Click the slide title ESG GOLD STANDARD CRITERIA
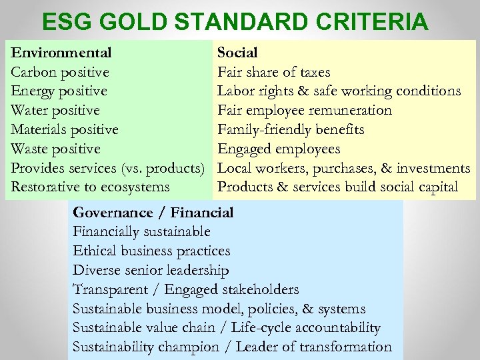(235, 22)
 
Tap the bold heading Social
(237, 52)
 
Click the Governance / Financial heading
(153, 213)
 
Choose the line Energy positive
(59, 91)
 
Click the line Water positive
(56, 110)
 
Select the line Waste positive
(56, 149)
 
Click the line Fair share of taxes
(273, 71)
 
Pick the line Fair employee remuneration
(305, 110)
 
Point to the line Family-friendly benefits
(291, 129)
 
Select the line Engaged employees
(279, 149)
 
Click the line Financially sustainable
(141, 232)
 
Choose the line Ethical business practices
(151, 251)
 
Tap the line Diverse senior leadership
(151, 271)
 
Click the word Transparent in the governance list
(109, 289)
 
